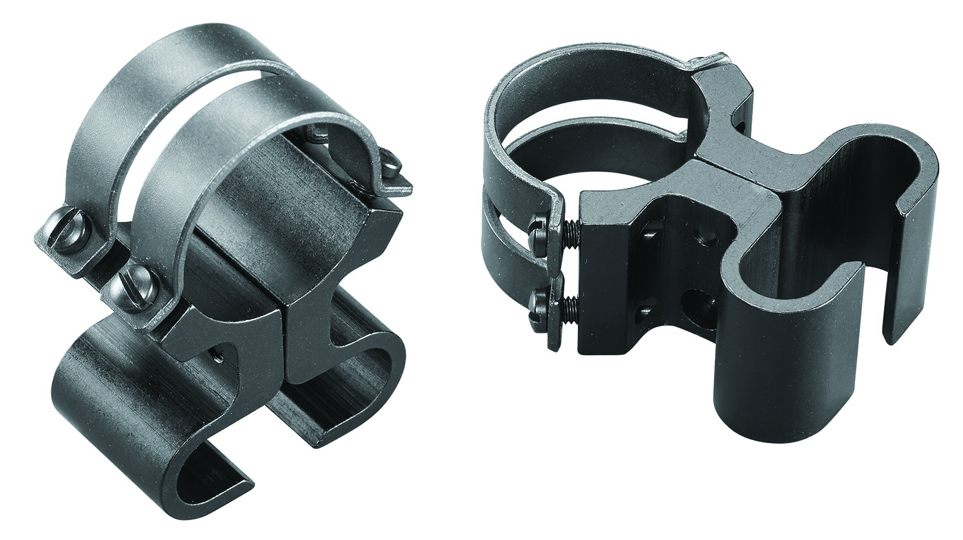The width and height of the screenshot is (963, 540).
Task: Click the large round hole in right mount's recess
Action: coord(697,299)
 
